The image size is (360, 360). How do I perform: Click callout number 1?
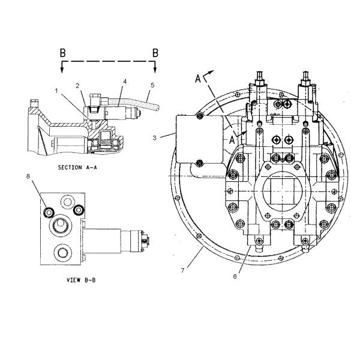[x=56, y=91]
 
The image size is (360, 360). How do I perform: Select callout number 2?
[x=77, y=86]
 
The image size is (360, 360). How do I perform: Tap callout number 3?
[x=155, y=138]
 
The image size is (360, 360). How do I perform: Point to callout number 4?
[x=125, y=82]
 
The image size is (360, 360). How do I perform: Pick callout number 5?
[x=152, y=85]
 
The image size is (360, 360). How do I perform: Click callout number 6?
[x=235, y=277]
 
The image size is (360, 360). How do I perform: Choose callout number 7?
[x=183, y=271]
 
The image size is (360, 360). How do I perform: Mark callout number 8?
[x=28, y=176]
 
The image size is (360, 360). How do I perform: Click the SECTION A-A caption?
[x=77, y=167]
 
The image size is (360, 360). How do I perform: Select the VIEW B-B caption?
[x=81, y=280]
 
